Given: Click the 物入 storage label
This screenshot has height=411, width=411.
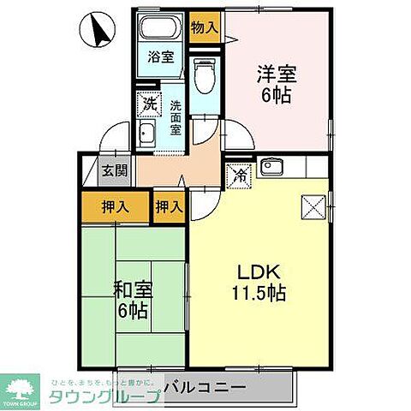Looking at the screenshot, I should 204,27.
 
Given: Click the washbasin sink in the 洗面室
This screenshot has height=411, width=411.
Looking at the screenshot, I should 147,134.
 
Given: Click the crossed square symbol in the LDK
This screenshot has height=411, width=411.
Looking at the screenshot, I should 311,205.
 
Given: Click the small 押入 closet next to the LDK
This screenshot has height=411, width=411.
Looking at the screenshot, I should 169,206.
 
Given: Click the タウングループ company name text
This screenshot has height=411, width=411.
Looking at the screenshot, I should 102,396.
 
